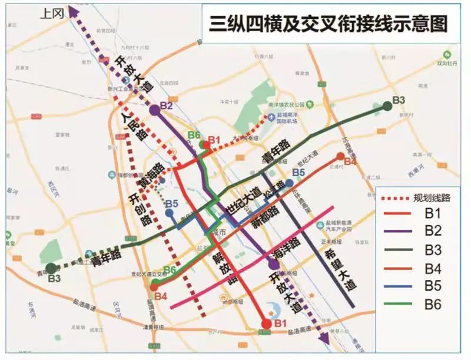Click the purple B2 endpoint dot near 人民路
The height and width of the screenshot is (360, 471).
point(154,109)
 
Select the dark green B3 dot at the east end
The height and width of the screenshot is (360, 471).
point(387,106)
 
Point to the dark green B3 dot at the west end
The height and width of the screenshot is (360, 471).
point(51,268)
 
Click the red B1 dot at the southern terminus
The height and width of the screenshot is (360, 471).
point(267,323)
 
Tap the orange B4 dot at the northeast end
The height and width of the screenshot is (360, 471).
point(340,156)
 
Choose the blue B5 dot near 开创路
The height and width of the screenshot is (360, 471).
point(169,213)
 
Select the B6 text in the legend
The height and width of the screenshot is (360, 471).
point(433,305)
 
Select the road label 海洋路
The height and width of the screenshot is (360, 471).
point(286,247)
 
